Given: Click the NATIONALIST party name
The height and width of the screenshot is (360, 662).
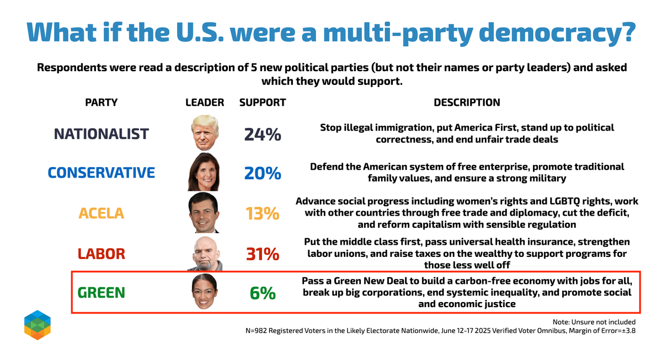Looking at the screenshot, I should point(102,134).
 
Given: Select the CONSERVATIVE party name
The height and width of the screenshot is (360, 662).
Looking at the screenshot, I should point(102,173).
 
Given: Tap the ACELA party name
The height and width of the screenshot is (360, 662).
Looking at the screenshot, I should point(102,213).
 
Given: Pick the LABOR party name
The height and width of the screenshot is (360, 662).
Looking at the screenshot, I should point(102,254).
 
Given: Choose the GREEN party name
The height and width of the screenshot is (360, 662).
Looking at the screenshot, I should point(102,293).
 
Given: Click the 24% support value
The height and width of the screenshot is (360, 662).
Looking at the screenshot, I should point(263,135).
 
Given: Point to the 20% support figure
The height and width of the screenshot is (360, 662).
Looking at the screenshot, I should point(263,173).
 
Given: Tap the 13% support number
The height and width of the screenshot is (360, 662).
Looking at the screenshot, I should point(263,213).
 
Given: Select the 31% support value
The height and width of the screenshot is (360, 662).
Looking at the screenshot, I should point(263,254).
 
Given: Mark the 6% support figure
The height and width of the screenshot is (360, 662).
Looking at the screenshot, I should point(263,293).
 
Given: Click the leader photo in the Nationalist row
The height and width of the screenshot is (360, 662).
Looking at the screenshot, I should point(205,133).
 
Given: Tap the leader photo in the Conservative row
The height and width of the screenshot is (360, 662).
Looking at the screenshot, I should point(205,172).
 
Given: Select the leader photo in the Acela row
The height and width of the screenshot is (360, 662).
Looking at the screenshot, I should point(205,212).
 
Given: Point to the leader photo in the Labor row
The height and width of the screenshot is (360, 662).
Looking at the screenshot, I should point(205,254).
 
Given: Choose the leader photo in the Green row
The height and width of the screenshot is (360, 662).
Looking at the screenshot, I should point(205,293).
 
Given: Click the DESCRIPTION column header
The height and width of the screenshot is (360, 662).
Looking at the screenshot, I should point(467,103).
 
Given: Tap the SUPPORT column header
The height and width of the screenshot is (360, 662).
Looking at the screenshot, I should point(263,103).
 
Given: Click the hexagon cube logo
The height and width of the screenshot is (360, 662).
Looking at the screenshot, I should point(38,325).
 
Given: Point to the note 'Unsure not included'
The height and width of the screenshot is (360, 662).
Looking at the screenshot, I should point(594,322).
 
